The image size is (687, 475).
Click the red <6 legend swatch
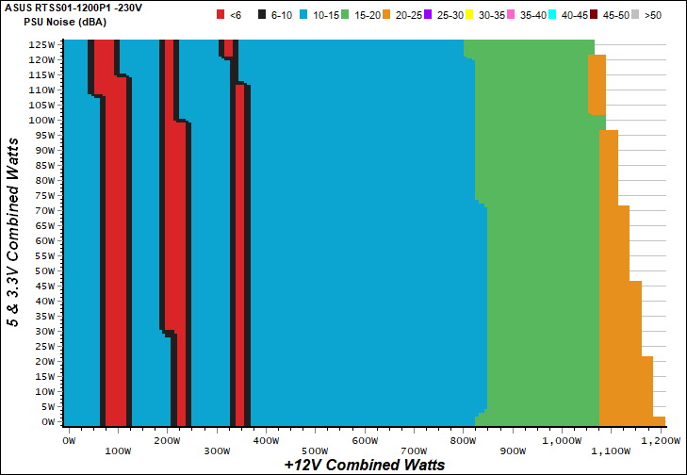pos(221,14)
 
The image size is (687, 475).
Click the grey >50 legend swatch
pos(639,14)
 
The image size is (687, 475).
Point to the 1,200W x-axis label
pos(652,439)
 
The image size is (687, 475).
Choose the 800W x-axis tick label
pos(463,439)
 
